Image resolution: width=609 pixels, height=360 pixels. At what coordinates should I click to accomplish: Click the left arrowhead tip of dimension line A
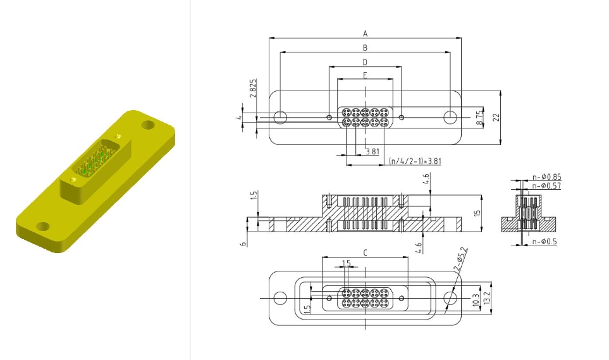point(269,38)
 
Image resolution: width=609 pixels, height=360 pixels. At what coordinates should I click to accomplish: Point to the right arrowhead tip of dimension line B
point(450,52)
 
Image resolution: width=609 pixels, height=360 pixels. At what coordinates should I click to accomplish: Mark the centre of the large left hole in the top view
point(280,118)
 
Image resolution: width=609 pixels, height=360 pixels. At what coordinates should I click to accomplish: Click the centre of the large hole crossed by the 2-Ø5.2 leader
point(450,298)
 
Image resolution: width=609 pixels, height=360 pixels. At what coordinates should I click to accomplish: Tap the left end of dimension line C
point(323,257)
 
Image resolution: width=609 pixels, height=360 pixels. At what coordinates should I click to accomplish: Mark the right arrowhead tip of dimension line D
point(401,66)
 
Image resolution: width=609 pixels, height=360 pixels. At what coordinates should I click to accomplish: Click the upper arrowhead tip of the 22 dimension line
point(500,90)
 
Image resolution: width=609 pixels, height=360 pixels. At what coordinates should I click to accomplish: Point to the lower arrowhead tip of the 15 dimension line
point(482,232)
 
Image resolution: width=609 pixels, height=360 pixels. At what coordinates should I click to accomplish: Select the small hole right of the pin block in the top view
point(402,118)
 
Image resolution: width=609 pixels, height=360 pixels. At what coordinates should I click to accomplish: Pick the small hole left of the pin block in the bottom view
point(329,298)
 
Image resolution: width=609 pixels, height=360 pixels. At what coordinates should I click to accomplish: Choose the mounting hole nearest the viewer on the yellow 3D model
point(43,226)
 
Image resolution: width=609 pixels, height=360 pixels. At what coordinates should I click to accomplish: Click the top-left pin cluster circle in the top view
point(347,113)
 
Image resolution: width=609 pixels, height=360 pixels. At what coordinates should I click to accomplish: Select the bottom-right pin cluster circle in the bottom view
point(384,302)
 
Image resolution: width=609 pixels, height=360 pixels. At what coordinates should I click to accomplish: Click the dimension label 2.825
point(253,88)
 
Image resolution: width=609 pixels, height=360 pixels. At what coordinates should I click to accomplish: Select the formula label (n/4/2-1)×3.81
point(415,161)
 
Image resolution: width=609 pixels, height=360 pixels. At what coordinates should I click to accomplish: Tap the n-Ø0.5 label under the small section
point(544,242)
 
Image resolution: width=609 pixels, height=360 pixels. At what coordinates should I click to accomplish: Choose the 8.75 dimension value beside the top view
point(480,118)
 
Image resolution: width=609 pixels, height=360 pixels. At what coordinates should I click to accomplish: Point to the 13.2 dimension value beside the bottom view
point(488,298)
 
